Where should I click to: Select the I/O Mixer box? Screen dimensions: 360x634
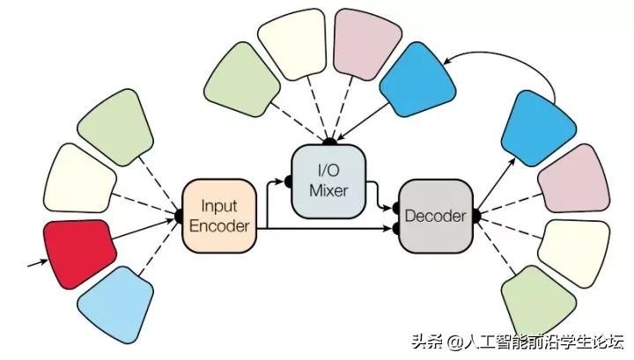click(327, 180)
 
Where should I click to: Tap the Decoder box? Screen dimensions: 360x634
click(433, 214)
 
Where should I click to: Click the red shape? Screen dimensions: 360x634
click(80, 252)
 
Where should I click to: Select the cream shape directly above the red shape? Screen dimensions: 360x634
click(80, 180)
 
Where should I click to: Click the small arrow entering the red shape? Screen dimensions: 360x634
click(33, 261)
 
